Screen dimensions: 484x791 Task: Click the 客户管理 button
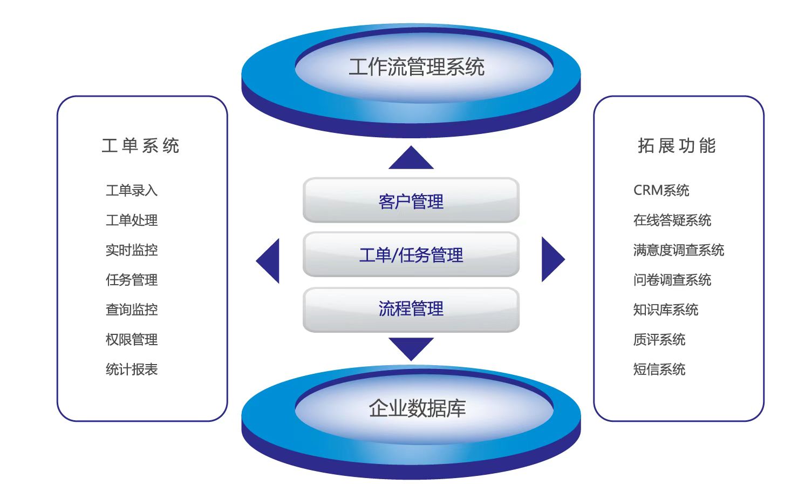[x=411, y=201]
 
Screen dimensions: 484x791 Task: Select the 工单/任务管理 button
[x=411, y=254]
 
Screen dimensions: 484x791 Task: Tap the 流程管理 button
[x=411, y=308]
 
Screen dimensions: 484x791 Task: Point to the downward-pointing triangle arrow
[x=411, y=347]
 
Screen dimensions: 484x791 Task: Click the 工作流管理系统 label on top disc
[x=416, y=67]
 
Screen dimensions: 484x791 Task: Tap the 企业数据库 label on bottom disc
[x=417, y=408]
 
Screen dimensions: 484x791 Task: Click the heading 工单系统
[x=140, y=146]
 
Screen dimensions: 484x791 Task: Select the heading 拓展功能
[x=677, y=146]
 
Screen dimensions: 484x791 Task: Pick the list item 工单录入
[x=132, y=190]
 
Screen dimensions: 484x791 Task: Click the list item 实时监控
[x=132, y=250]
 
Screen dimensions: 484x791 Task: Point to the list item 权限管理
[x=132, y=339]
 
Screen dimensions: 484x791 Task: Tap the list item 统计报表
[x=132, y=369]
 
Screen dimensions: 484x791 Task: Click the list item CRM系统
[x=661, y=190]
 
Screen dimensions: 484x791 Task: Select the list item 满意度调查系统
[x=678, y=250]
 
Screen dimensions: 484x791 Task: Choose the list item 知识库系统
[x=665, y=310]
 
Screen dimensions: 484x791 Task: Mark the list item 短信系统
[x=659, y=369]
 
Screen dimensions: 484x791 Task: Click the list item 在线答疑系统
[x=672, y=220]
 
